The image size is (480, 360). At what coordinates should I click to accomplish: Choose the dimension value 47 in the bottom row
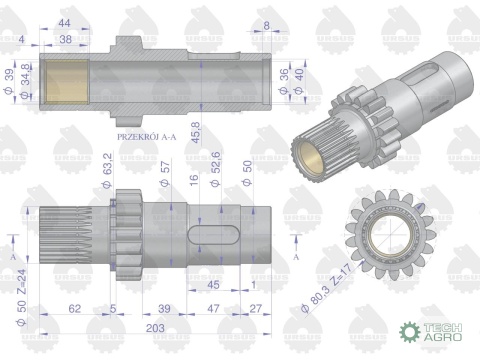[x=211, y=309]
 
